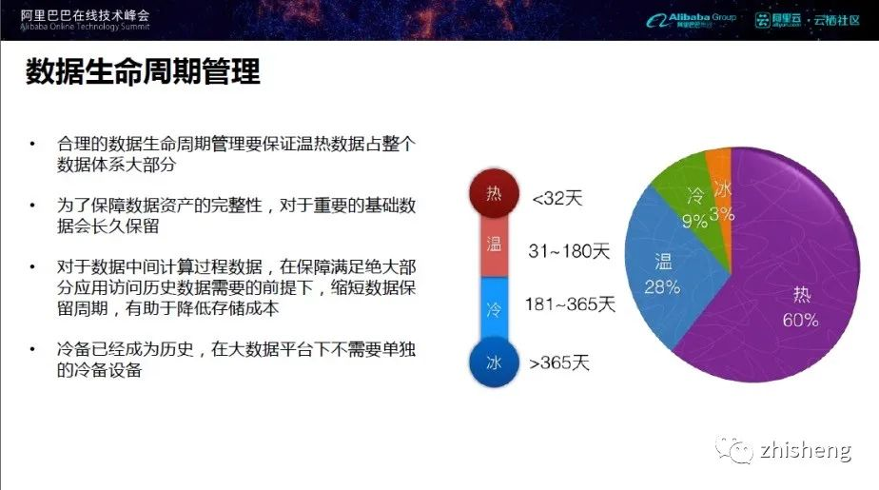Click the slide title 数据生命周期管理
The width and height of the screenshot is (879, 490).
[x=143, y=71]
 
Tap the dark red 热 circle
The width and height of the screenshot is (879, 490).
[x=494, y=193]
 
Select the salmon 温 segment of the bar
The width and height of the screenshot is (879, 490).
[x=494, y=245]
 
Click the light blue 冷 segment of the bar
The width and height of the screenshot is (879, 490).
[x=494, y=307]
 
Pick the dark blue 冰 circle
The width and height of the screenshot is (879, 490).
[x=494, y=363]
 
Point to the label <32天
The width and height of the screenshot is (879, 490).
[x=557, y=198]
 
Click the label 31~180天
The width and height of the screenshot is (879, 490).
[x=569, y=250]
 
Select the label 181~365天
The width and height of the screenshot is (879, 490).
[x=570, y=304]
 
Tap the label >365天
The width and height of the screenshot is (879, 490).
[x=559, y=363]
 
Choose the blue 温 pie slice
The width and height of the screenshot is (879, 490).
[x=667, y=269]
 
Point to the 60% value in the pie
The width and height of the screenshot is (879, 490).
[x=801, y=320]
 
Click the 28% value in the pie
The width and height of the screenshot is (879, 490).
[x=662, y=287]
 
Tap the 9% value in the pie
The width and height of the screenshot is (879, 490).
[x=694, y=222]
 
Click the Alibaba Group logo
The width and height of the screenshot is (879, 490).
[x=691, y=20]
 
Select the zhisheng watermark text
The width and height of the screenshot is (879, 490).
[x=806, y=450]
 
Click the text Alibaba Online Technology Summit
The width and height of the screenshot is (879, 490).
[x=86, y=27]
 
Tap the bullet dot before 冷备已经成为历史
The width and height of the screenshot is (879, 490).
[x=32, y=350]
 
